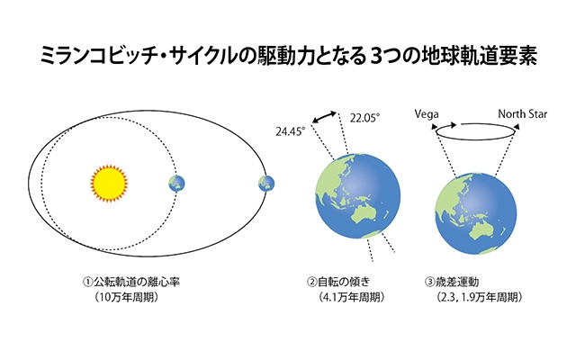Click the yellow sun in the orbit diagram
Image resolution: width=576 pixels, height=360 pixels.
(109, 184)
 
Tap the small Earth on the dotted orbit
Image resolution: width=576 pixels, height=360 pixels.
(176, 184)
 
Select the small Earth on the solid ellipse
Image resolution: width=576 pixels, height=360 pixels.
(266, 184)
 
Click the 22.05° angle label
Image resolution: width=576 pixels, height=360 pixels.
(364, 118)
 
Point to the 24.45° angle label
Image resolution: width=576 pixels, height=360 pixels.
(290, 131)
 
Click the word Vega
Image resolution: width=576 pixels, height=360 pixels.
(427, 114)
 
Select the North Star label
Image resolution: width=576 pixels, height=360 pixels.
(522, 114)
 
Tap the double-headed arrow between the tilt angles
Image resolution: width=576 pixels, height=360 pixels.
(324, 117)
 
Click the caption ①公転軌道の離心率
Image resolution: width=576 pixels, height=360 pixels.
(131, 282)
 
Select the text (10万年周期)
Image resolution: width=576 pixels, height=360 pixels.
(127, 297)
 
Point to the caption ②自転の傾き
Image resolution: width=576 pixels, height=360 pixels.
(338, 282)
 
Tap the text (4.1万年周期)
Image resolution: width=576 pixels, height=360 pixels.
(352, 297)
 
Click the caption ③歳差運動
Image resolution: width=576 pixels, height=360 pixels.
(452, 282)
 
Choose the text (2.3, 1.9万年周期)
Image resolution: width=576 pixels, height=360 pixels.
(479, 297)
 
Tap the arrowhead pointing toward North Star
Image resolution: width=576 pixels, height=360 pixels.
(517, 127)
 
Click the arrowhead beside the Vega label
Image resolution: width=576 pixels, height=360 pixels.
(434, 127)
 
